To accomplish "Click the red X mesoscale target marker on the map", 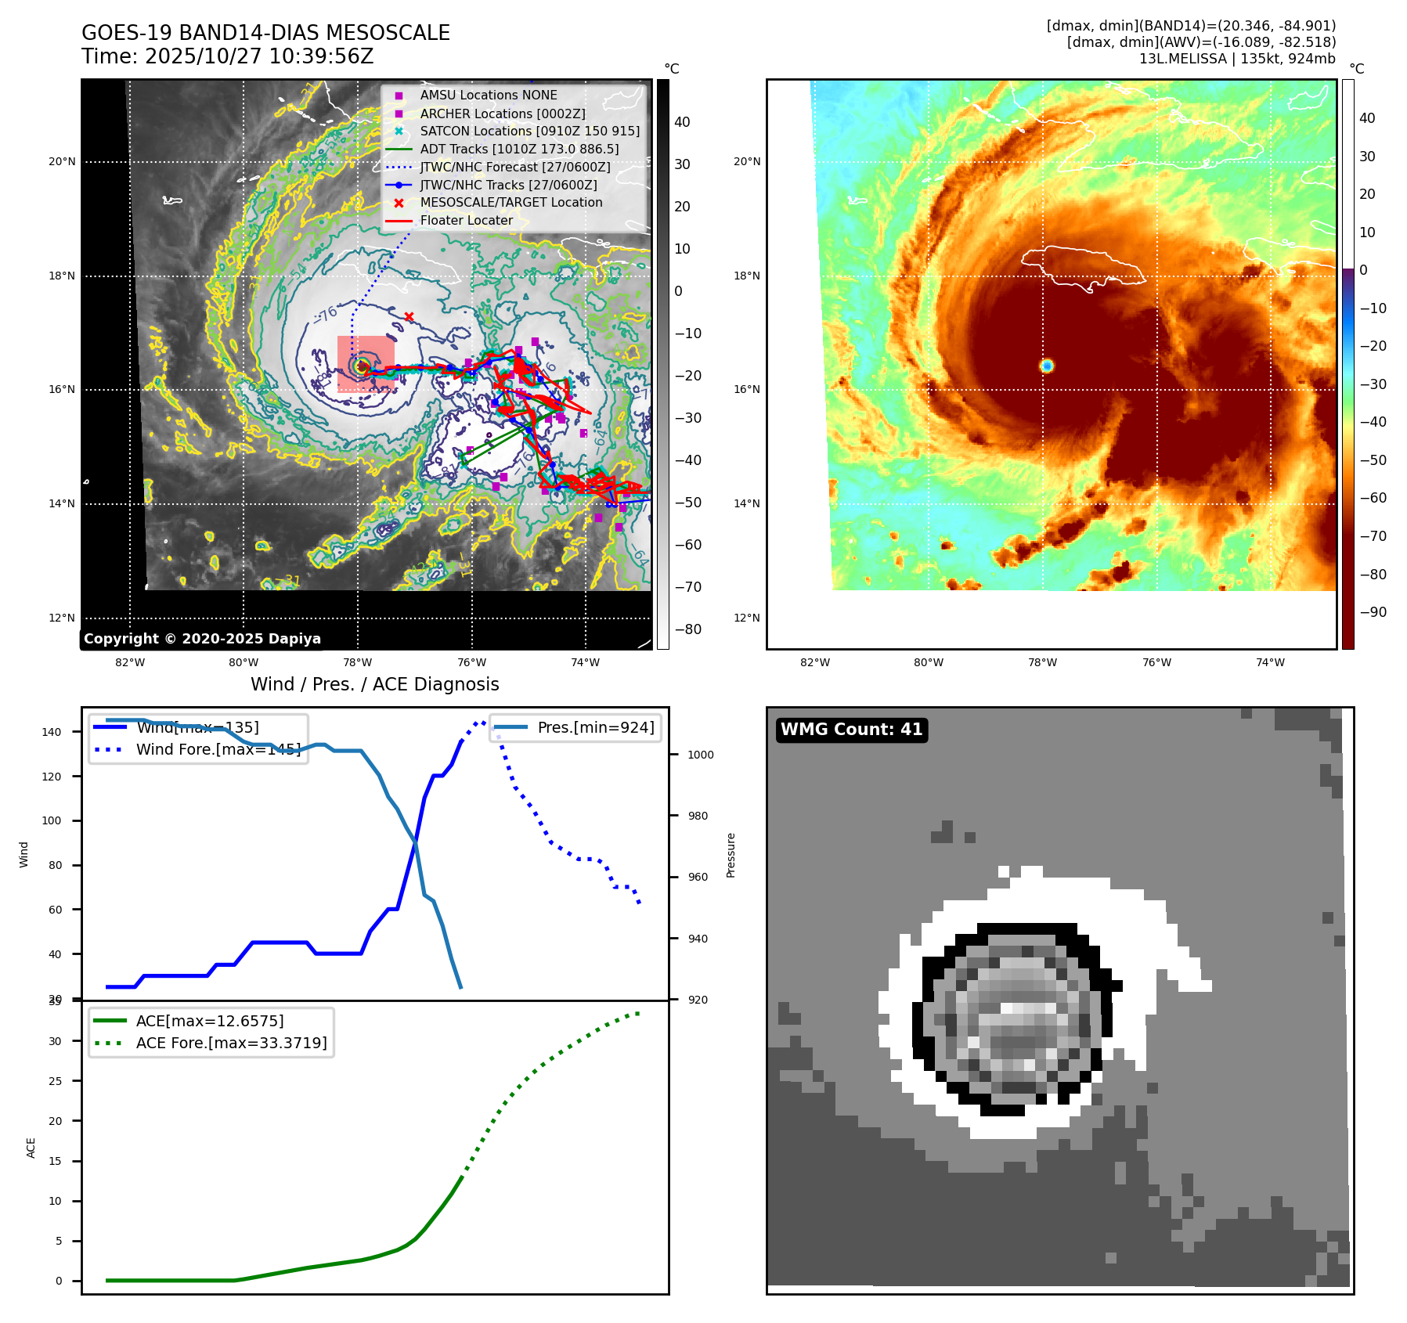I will click(x=409, y=316).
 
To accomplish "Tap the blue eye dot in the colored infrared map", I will click(x=1047, y=366).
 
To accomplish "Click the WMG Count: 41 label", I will click(x=851, y=730).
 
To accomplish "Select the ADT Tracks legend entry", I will click(x=519, y=149).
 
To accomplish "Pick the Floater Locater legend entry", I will click(x=466, y=221).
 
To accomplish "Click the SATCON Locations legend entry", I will click(x=529, y=132).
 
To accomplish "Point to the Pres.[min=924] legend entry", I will click(x=595, y=727).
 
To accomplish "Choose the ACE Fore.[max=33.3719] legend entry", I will click(x=231, y=1043).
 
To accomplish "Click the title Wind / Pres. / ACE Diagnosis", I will click(x=374, y=684).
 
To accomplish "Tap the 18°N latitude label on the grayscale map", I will click(x=62, y=276).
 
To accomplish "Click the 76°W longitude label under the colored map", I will click(x=1156, y=662).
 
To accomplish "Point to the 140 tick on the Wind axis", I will click(x=52, y=732).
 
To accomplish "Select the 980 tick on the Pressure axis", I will click(x=698, y=816).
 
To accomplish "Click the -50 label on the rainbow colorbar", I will click(x=1373, y=460).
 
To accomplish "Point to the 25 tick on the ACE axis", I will click(x=55, y=1081).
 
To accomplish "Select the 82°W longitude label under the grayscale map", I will click(x=130, y=662).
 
